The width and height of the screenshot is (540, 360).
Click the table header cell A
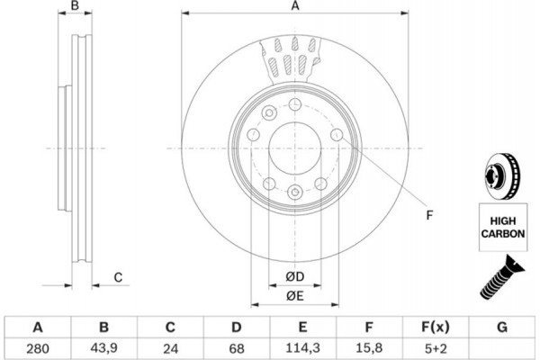[x=37, y=326]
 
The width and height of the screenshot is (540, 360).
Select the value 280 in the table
[x=37, y=346]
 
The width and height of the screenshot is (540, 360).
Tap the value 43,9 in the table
[x=103, y=346]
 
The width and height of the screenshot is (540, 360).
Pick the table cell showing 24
[x=170, y=346]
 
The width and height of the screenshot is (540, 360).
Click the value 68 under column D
[x=237, y=346]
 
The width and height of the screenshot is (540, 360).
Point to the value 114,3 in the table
[x=303, y=346]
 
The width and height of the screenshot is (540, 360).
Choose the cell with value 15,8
[x=370, y=346]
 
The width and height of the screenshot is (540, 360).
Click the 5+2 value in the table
[x=436, y=346]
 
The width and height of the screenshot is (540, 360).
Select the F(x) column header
[x=436, y=326]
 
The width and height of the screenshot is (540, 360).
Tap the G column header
[x=502, y=326]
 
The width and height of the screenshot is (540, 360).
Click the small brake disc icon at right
[x=498, y=174]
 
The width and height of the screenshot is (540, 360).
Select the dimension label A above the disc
[x=293, y=7]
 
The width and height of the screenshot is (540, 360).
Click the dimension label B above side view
[x=76, y=7]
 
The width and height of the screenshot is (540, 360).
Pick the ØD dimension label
[x=294, y=275]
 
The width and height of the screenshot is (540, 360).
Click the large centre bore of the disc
[x=294, y=148]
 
